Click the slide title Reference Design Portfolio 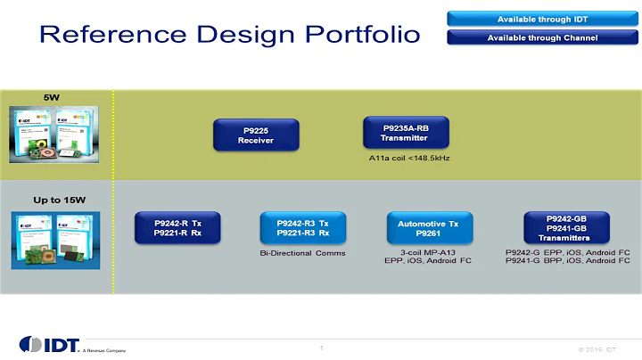pos(229,34)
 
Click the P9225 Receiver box pos(256,135)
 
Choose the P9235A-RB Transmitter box pos(406,132)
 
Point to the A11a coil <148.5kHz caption pos(407,157)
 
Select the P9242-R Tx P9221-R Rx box pos(177,228)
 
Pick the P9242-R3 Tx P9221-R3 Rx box pos(302,228)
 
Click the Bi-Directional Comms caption pos(302,253)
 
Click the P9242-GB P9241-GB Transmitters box pos(565,226)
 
